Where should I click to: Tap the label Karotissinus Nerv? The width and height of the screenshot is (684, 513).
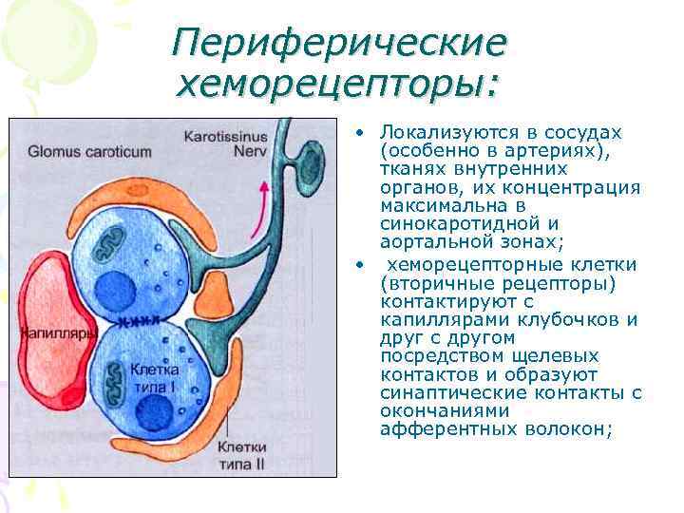click(x=225, y=142)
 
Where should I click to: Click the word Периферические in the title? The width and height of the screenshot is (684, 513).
click(x=340, y=44)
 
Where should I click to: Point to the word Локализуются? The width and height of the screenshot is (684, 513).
click(x=438, y=132)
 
